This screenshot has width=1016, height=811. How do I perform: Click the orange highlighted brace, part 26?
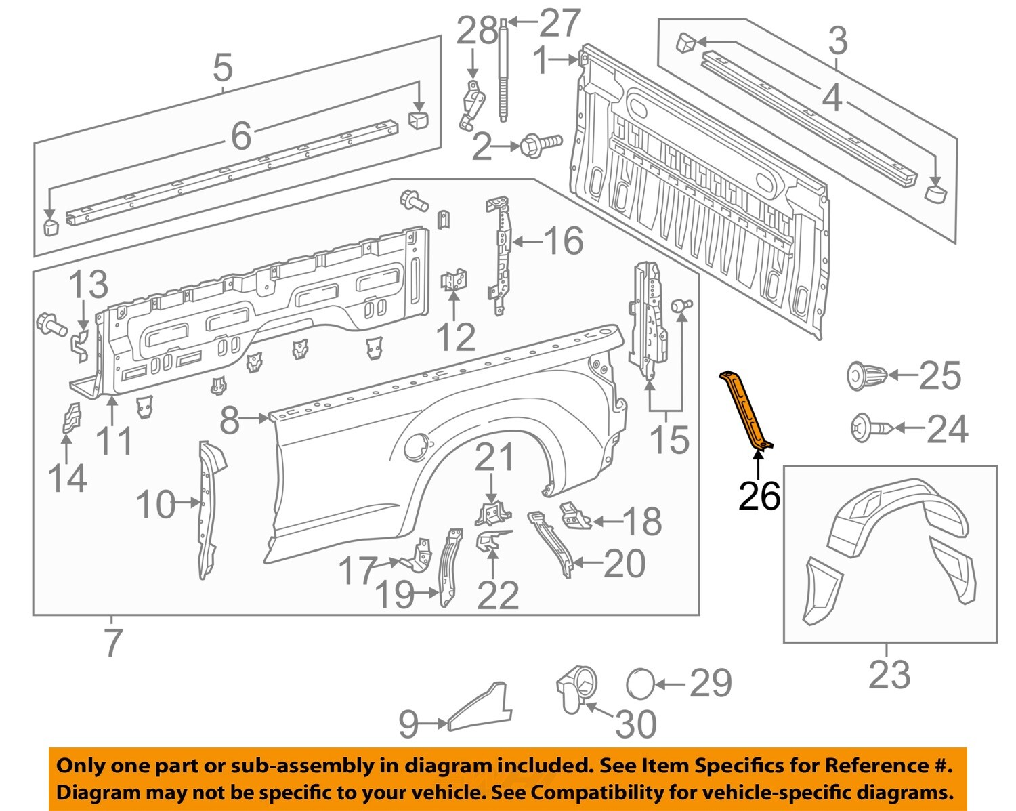click(x=746, y=410)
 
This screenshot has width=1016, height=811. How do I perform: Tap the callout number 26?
click(x=759, y=497)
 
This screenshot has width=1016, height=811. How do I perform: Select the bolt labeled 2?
click(x=541, y=145)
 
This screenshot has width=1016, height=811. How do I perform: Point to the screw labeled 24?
click(x=871, y=428)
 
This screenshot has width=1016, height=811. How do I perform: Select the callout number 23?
click(x=889, y=674)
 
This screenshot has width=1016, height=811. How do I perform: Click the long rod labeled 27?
click(x=503, y=75)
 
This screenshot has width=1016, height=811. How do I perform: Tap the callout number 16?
click(x=563, y=241)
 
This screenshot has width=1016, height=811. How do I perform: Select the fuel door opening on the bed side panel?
click(x=415, y=447)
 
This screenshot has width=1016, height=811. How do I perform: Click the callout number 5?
click(x=222, y=68)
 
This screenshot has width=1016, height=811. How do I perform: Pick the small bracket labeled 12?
click(x=454, y=280)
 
